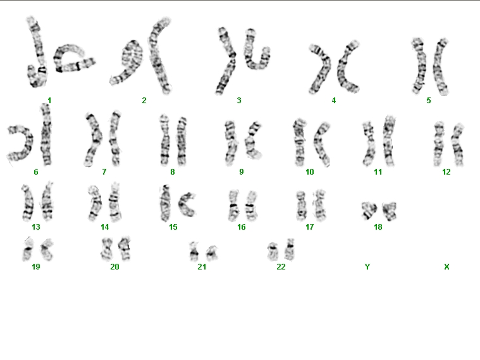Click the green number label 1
pyautogui.click(x=49, y=100)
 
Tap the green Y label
pyautogui.click(x=367, y=267)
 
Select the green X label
pyautogui.click(x=446, y=267)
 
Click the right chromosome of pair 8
pyautogui.click(x=182, y=141)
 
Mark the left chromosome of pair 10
pyautogui.click(x=300, y=142)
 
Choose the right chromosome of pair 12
pyautogui.click(x=458, y=145)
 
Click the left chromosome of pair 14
pyautogui.click(x=95, y=204)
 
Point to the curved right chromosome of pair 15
pyautogui.click(x=187, y=204)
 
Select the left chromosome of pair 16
pyautogui.click(x=233, y=205)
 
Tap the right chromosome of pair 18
pyautogui.click(x=390, y=211)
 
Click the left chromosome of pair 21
pyautogui.click(x=194, y=252)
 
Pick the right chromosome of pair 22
pyautogui.click(x=289, y=250)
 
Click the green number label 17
pyautogui.click(x=309, y=227)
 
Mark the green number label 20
pyautogui.click(x=114, y=267)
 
